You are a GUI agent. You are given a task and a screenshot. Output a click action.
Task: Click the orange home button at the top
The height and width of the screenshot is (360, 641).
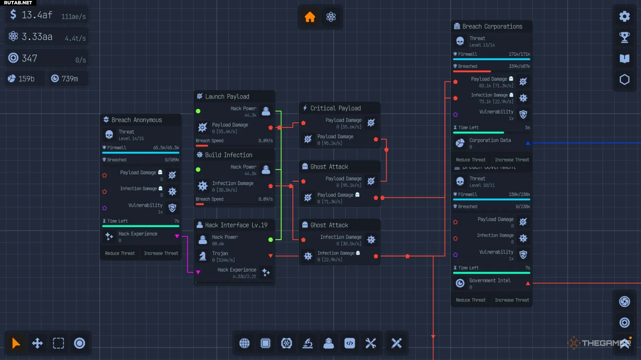[310, 17]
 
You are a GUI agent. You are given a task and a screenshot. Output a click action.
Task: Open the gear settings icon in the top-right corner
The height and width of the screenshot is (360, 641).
[624, 16]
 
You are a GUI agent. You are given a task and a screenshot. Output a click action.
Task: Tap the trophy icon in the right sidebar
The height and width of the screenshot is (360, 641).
[624, 37]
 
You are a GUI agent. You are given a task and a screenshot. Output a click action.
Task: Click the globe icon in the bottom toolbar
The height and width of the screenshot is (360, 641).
[244, 343]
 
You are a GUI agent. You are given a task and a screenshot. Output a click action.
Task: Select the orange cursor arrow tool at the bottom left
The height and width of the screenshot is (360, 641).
[16, 343]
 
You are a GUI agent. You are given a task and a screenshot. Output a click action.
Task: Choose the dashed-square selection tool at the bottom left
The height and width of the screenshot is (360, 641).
[58, 343]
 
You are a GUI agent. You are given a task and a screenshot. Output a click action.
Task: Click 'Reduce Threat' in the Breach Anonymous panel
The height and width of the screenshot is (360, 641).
[120, 253]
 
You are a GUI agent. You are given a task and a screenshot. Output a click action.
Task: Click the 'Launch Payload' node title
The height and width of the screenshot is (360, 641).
[227, 97]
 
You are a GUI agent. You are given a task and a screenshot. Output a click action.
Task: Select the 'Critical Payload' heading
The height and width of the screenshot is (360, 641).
[335, 108]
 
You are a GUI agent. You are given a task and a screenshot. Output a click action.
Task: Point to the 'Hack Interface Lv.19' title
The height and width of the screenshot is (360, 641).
[236, 225]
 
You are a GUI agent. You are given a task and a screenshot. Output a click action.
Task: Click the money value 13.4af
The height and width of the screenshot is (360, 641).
[37, 15]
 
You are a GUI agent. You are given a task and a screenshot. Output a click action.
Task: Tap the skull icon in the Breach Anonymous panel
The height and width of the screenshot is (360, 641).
[109, 135]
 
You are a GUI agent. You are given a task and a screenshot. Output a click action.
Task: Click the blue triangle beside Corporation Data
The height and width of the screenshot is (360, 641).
[528, 143]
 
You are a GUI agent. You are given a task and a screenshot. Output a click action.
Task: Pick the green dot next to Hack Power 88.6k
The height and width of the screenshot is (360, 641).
[270, 239]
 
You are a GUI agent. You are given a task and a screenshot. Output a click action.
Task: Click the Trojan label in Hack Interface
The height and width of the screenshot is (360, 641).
[220, 253]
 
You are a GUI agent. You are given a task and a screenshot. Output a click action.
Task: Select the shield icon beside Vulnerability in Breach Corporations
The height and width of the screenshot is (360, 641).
[523, 115]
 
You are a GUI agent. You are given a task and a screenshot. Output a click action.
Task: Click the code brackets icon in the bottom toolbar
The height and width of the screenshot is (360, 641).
[350, 343]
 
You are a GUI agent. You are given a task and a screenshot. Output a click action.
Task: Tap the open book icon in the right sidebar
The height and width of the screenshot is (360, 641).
[624, 59]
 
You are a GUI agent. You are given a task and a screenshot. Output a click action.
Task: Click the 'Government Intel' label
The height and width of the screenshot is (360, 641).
[490, 281]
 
